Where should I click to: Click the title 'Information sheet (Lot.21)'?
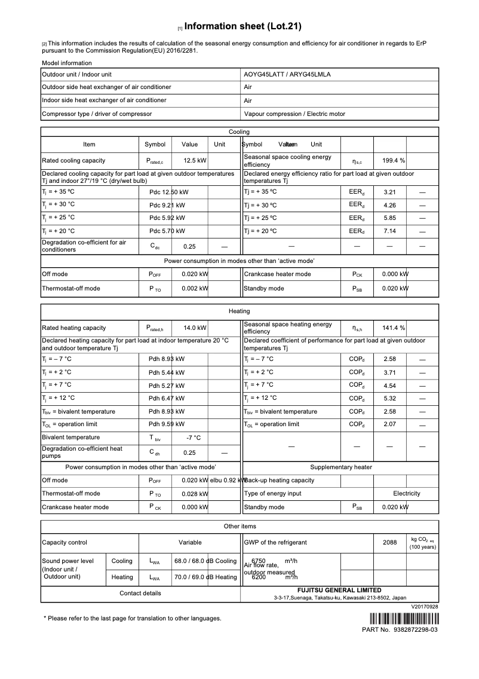coord(243,26)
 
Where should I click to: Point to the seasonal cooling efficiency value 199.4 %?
coord(394,161)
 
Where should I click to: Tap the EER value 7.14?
coord(389,231)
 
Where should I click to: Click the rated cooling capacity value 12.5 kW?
coord(195,161)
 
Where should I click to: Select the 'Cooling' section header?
coord(240,131)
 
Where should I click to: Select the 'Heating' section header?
coord(240,311)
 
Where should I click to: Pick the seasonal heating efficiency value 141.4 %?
coord(394,328)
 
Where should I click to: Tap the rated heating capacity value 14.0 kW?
coord(195,328)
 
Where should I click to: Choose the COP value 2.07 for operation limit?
coord(389,425)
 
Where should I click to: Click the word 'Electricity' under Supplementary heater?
coord(406,494)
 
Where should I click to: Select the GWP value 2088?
coord(389,543)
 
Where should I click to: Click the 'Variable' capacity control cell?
coord(190,543)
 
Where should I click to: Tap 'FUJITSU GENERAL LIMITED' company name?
coord(340,590)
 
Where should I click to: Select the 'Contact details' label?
coord(140,594)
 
